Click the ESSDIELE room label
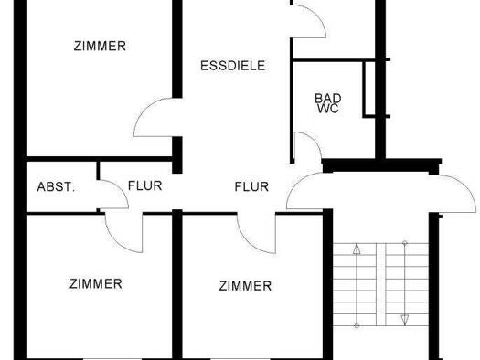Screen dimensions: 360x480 [x=233, y=65]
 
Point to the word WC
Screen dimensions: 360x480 [x=326, y=108]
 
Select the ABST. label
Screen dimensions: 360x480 [x=57, y=186]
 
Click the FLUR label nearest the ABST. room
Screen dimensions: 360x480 [x=144, y=186]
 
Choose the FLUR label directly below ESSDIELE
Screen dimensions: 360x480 [x=251, y=187]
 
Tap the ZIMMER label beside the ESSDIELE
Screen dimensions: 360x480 [x=100, y=46]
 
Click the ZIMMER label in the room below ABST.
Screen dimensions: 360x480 [x=95, y=283]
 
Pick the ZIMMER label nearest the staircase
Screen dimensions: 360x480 [x=245, y=286]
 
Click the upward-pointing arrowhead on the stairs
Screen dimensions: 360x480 [x=357, y=247]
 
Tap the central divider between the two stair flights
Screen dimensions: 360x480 [x=381, y=283]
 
